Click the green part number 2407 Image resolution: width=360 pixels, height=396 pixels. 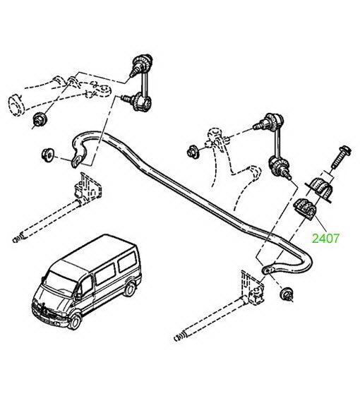coord(325,238)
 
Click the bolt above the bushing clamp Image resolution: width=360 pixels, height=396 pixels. coord(341,157)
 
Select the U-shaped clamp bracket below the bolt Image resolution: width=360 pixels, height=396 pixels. coord(319,189)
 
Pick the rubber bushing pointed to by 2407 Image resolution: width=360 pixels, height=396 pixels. coord(304,210)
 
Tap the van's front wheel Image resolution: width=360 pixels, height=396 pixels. coord(75,322)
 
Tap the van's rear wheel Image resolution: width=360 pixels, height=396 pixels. coord(130,289)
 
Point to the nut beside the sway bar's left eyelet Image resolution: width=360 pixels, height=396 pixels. coord(47,154)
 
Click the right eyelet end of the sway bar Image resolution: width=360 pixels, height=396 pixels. coord(268,270)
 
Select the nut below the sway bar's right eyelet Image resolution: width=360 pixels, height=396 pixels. coord(287,294)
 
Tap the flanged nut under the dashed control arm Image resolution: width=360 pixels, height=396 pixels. coord(39,119)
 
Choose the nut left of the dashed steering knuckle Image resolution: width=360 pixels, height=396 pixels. coord(193,152)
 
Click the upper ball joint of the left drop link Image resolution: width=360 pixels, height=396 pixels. coord(142,64)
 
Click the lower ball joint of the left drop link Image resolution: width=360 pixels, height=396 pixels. coord(138,101)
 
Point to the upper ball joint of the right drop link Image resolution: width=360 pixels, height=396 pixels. coord(270,121)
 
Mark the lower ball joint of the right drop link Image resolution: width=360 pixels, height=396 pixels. coord(278,168)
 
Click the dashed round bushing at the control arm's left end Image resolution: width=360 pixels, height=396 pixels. coord(16,105)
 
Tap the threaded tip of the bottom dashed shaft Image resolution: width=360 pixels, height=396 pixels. coord(179,337)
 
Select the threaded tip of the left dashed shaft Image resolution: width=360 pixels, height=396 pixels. coord(18,239)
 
